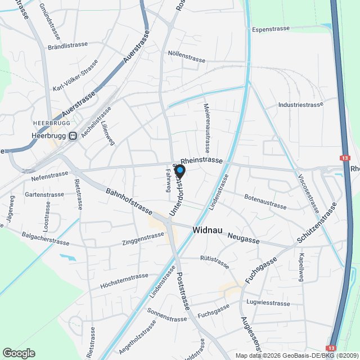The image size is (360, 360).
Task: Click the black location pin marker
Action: [180, 170]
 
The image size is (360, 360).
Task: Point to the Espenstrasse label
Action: [271, 29]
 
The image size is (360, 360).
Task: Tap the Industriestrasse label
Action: [300, 105]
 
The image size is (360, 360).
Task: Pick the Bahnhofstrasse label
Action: [129, 201]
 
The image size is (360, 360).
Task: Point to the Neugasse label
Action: [244, 240]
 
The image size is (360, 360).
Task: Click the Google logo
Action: [18, 353]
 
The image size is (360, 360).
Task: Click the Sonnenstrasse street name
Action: [167, 314]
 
